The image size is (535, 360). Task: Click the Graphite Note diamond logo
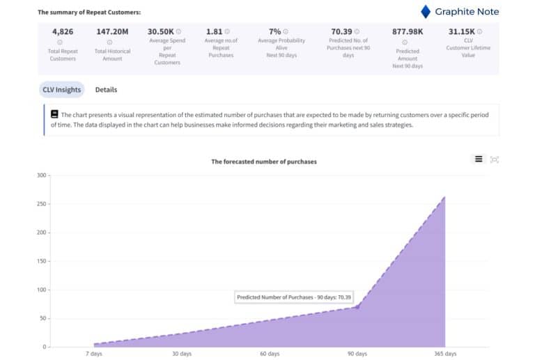point(426,11)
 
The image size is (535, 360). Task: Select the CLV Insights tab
point(62,90)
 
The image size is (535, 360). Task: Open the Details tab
point(106,90)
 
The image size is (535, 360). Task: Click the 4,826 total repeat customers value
point(63,31)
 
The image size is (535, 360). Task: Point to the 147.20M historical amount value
point(112,31)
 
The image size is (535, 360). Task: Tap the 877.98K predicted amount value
point(408,31)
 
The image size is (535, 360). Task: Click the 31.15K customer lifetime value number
point(461,31)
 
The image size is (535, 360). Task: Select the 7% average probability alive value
point(274,31)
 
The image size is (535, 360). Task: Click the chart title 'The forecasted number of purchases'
point(263,162)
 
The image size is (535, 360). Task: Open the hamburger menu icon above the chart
point(479,159)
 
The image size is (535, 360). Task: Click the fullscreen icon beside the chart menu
point(495,159)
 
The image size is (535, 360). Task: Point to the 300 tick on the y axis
point(40,175)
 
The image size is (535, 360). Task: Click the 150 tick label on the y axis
point(40,261)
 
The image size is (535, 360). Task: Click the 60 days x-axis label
point(270,354)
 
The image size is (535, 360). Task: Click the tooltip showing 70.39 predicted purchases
point(294,297)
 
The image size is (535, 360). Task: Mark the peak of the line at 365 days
point(444,197)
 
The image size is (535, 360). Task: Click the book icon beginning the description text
point(54,114)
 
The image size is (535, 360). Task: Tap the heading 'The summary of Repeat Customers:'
point(88,13)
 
